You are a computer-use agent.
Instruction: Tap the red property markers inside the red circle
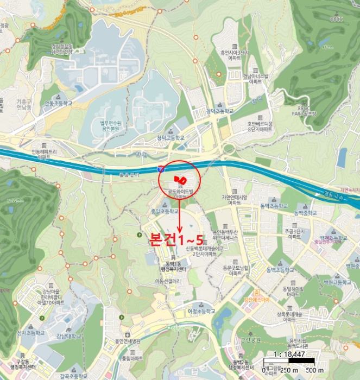[180, 179]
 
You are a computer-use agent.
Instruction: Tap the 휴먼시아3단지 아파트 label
[233, 55]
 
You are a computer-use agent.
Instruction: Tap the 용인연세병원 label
[128, 341]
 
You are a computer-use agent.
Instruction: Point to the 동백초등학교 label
[281, 270]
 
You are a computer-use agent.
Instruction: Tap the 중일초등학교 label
[165, 210]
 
